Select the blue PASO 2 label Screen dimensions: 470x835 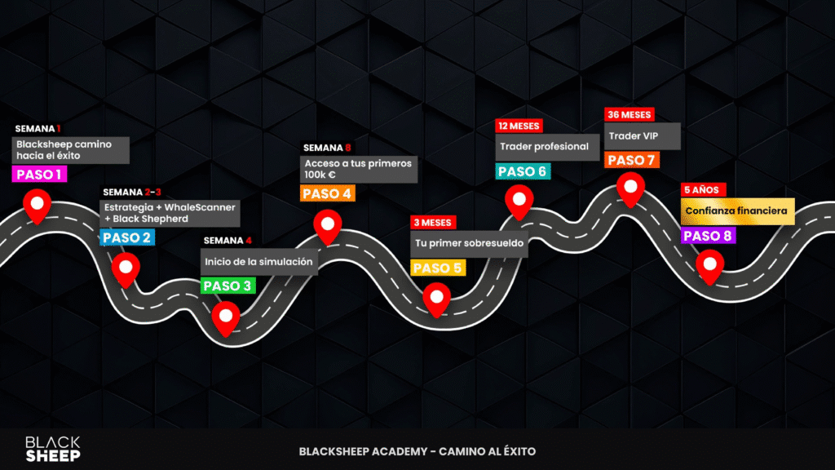pos(126,238)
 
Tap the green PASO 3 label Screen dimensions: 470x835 pos(228,286)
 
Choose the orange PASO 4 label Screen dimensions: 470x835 pos(327,194)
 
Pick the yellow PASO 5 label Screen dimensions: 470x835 pos(438,268)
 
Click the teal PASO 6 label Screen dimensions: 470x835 pos(523,171)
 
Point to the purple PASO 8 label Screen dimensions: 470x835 pos(708,236)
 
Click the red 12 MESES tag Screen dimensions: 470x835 pos(519,126)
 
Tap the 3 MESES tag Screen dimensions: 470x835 pos(433,222)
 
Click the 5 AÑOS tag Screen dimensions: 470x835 pos(702,189)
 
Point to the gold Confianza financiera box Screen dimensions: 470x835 pos(737,211)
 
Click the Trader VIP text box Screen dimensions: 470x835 pos(642,136)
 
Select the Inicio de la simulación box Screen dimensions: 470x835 pos(258,261)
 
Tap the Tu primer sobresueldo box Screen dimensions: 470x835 pos(469,243)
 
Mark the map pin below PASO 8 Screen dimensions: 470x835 pos(710,265)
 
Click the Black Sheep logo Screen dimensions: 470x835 pos(53,449)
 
